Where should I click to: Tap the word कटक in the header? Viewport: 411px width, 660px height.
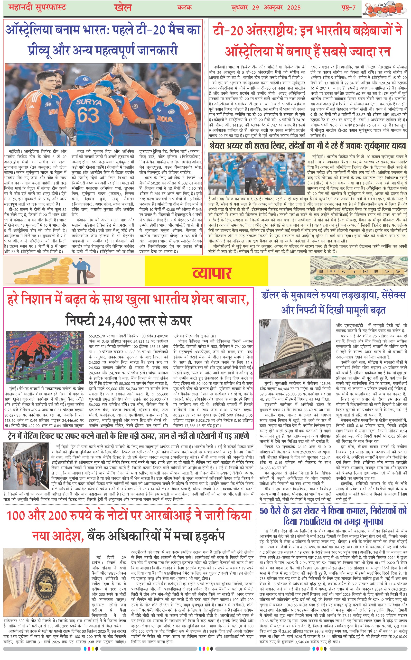click(x=185, y=8)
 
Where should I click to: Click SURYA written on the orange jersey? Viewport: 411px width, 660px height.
click(x=89, y=102)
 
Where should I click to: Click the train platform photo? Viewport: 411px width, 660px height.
click(x=26, y=470)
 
